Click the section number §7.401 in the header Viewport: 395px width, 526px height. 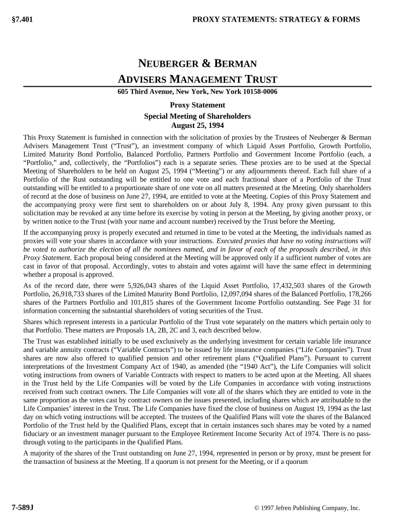(22, 20)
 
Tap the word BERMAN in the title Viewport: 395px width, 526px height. (235, 64)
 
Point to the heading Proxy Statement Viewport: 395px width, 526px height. (197, 105)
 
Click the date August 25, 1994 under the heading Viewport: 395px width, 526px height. (197, 125)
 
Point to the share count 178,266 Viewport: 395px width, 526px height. (359, 294)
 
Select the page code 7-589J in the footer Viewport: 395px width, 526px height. (23, 507)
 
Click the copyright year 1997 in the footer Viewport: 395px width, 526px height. (271, 508)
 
